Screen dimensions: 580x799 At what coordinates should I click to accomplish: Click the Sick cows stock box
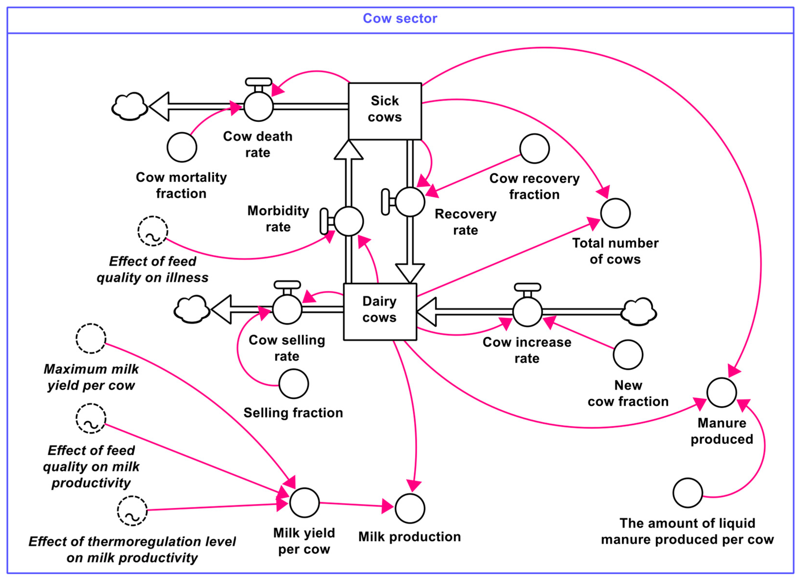385,111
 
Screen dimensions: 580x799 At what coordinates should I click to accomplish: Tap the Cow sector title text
400,18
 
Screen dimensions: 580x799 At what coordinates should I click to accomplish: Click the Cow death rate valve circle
258,106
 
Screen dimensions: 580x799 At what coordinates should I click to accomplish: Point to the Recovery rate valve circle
410,202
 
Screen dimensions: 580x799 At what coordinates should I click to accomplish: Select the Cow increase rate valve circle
527,311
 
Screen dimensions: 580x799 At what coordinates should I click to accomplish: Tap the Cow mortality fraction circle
182,147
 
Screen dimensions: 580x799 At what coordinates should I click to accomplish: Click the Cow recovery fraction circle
534,149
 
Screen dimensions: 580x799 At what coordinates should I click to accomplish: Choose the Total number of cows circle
615,213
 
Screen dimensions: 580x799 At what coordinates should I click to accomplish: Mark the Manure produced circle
722,392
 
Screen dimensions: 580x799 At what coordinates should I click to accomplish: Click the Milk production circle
410,508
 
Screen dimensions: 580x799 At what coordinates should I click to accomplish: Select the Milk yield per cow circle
304,503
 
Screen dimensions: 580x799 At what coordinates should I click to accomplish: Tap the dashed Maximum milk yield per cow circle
91,338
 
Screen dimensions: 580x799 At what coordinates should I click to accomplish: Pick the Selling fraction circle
294,384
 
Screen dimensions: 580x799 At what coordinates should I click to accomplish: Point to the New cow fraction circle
628,354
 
